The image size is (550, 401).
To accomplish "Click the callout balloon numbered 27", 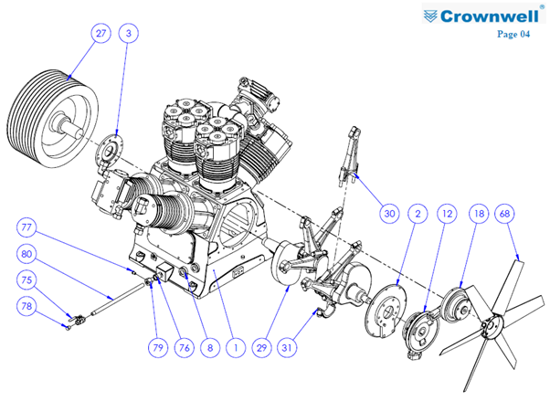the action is [100, 33].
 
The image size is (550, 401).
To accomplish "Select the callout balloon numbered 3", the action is [129, 33].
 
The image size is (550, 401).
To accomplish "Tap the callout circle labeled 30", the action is [389, 214].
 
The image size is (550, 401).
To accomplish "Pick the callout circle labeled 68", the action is [504, 214].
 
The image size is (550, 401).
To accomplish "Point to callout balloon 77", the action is [26, 227].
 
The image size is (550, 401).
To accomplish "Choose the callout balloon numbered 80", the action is [26, 254].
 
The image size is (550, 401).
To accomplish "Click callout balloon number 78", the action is [26, 306].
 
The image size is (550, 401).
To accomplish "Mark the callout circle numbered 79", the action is [158, 348].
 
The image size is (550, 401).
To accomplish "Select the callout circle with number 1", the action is [236, 348].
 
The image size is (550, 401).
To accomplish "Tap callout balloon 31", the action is [287, 348].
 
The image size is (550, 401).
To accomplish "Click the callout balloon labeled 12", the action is [447, 214].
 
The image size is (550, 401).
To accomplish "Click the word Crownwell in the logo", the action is [490, 16].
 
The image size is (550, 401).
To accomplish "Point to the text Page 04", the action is [513, 34].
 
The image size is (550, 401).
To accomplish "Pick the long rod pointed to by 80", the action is [118, 299].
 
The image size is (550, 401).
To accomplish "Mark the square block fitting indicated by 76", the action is [164, 272].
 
